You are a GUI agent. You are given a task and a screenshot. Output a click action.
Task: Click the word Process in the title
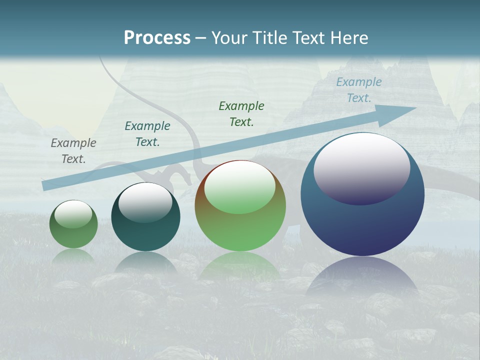point(157,38)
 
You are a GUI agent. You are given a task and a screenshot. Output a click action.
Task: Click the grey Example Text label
point(73,151)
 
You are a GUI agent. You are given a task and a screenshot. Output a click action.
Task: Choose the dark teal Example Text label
point(147,134)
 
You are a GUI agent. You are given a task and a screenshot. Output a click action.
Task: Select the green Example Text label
point(241,113)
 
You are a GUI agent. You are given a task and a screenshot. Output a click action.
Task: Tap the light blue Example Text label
point(359,90)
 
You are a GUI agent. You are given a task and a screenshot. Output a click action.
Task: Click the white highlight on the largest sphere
point(362,167)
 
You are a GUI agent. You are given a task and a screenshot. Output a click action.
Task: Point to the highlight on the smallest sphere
point(73,214)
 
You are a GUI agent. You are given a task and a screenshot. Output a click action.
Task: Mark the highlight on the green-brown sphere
point(239,186)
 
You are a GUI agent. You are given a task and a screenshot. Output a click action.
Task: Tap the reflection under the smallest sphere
point(73,255)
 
